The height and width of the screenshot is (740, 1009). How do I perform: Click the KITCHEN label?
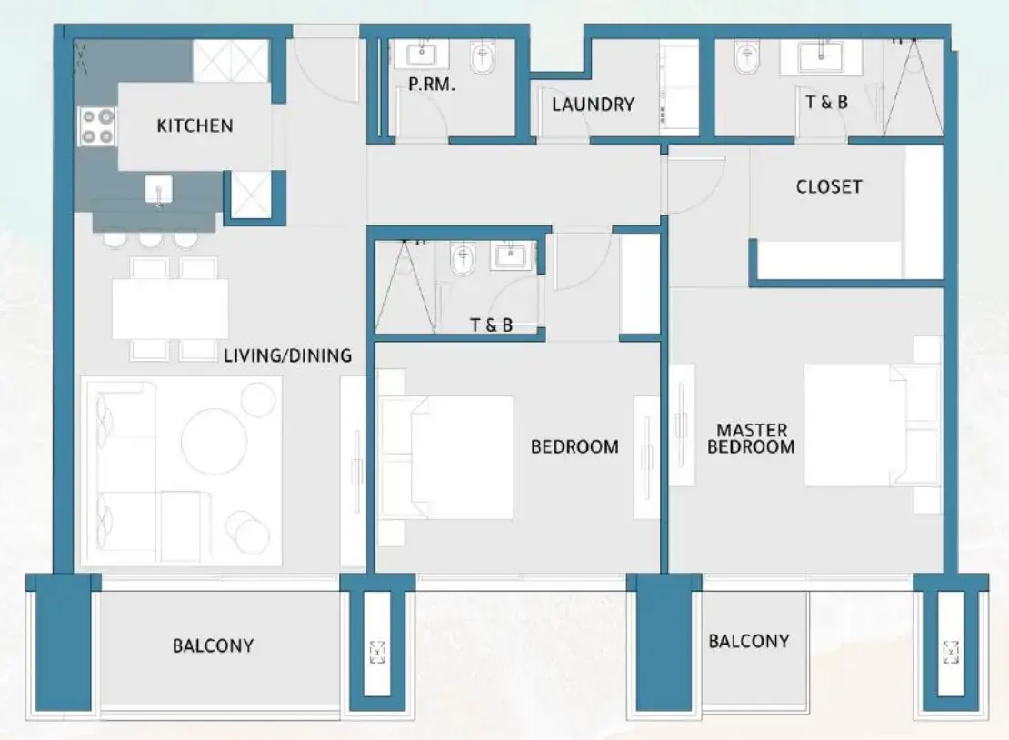[195, 125]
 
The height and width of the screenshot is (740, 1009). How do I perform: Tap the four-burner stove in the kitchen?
[97, 126]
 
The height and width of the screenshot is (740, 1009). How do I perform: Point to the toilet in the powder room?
[481, 60]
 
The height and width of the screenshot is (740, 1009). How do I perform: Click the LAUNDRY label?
[593, 104]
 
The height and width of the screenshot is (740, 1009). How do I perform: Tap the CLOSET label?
[828, 186]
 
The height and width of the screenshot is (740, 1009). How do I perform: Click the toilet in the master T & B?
[744, 60]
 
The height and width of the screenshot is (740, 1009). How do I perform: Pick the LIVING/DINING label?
[287, 355]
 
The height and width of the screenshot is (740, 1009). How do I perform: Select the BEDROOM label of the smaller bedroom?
[574, 446]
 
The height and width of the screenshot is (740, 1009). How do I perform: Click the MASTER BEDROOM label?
[752, 437]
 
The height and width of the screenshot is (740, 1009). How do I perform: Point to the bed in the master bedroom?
[859, 425]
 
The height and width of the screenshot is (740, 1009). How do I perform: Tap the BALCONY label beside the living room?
[213, 646]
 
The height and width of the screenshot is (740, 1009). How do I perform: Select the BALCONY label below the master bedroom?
[749, 641]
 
